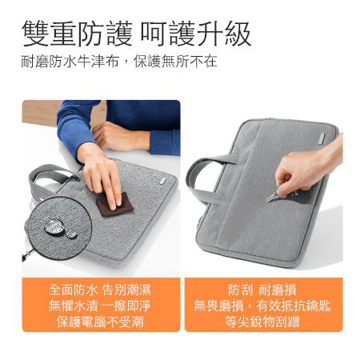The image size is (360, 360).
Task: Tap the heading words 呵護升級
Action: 196,33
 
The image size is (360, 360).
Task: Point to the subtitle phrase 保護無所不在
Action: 174,61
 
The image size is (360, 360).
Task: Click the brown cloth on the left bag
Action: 114,203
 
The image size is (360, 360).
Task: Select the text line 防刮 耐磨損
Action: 263,289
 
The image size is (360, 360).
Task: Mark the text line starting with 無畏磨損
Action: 263,305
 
